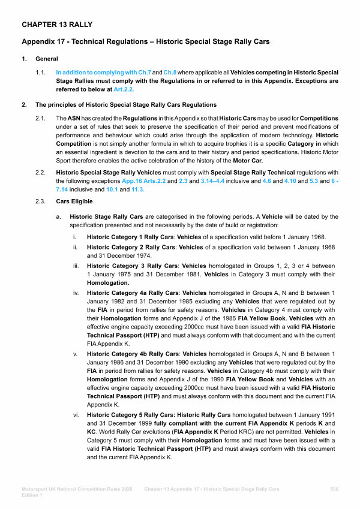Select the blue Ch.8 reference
pos(171,72)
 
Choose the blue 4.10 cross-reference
pos(291,180)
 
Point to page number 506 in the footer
pos(334,489)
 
